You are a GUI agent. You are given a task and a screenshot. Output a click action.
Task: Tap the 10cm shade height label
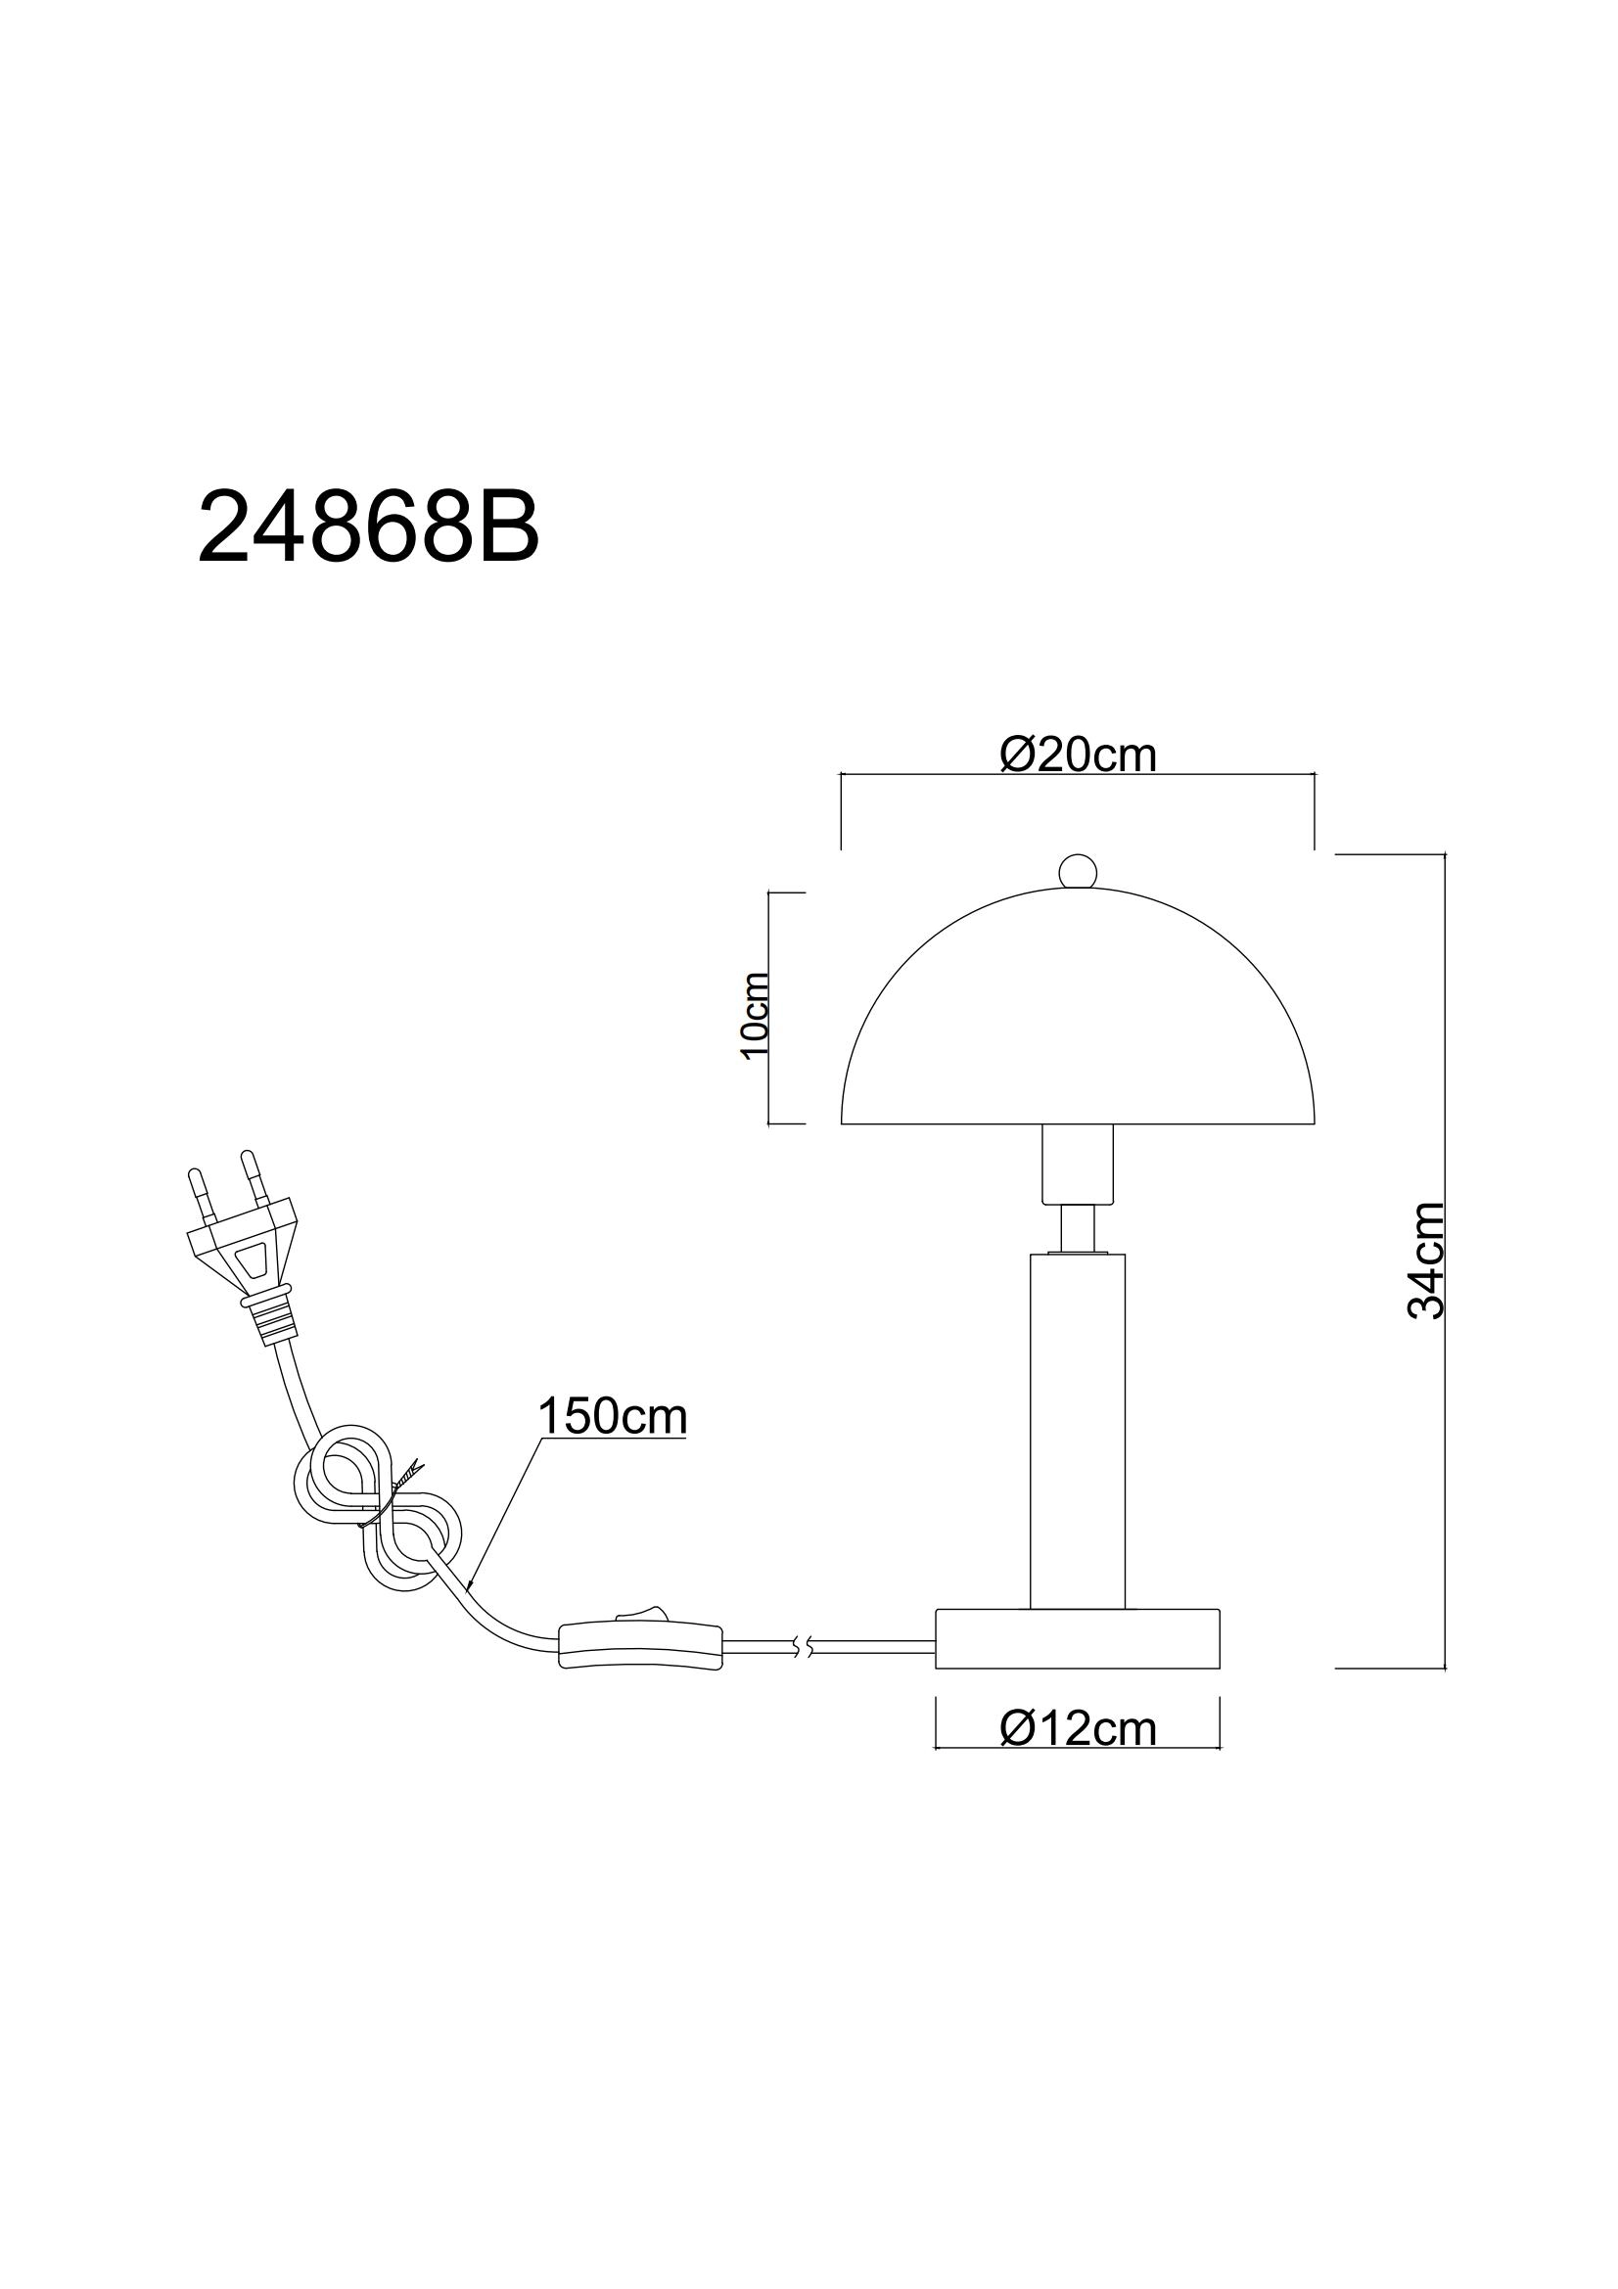tap(755, 1015)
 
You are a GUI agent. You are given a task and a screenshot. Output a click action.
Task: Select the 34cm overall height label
tap(1426, 1260)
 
